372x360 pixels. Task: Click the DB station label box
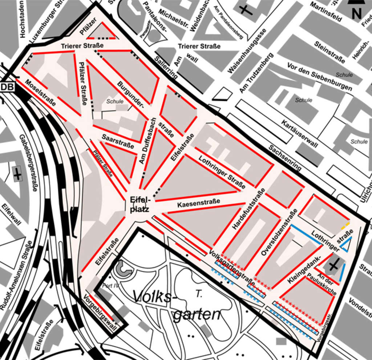pos(7,87)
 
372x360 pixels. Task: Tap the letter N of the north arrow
pos(357,14)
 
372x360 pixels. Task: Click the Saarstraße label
pos(118,141)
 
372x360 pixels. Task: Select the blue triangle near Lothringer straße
pos(346,245)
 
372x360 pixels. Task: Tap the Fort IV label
pos(111,286)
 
